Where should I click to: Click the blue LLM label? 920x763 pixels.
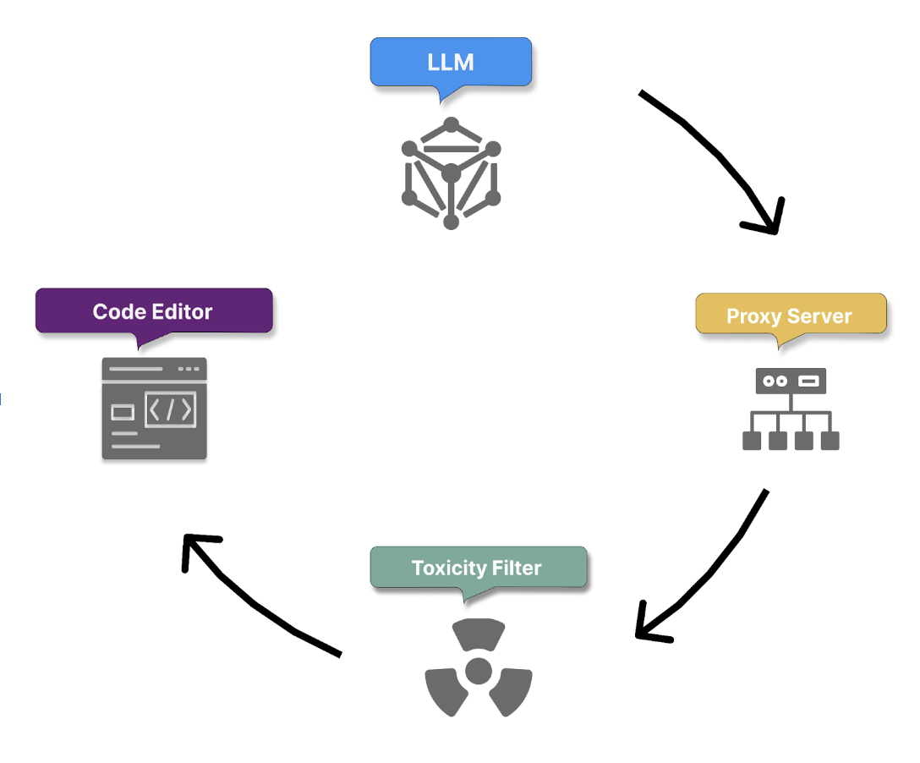click(451, 62)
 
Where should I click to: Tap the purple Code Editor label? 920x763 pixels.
click(153, 311)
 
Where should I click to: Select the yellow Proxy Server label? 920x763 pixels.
click(790, 316)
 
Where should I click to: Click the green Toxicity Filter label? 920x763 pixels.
click(477, 568)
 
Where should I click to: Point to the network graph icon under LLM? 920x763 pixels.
click(451, 173)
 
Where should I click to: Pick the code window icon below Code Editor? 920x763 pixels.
click(154, 409)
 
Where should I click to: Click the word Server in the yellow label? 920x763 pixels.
click(822, 316)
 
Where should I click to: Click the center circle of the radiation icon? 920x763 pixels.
click(479, 672)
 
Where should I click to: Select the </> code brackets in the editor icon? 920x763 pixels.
click(170, 410)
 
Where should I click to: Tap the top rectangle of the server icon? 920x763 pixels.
click(791, 381)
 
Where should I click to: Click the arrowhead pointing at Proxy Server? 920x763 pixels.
click(765, 222)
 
